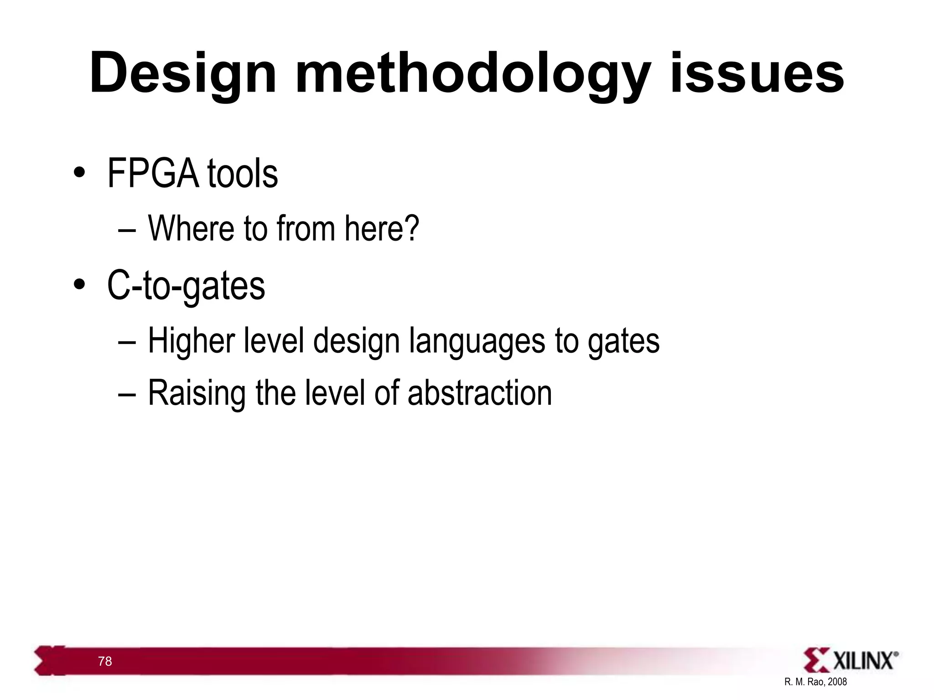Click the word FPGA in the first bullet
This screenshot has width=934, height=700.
pyautogui.click(x=153, y=174)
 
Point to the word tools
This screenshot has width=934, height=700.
pyautogui.click(x=242, y=174)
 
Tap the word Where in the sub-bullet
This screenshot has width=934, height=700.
pyautogui.click(x=191, y=228)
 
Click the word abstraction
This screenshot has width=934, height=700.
pyautogui.click(x=479, y=393)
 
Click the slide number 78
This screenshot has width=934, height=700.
pyautogui.click(x=105, y=661)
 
